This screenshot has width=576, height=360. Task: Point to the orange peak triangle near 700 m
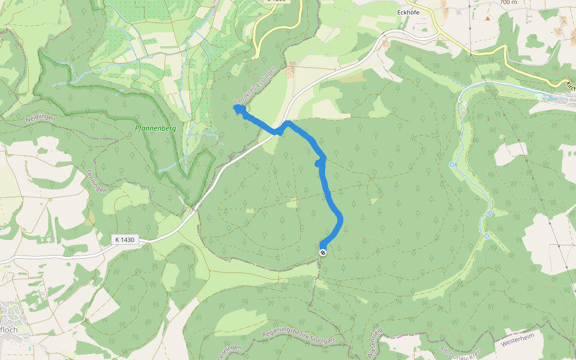[x=488, y=18]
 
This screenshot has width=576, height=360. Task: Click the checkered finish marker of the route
[x=323, y=253]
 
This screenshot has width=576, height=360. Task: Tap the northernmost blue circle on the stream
[x=452, y=164]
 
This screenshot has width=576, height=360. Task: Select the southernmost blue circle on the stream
[x=487, y=236]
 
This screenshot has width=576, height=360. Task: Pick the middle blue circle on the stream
[x=490, y=214]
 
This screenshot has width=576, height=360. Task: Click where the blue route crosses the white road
[x=282, y=128]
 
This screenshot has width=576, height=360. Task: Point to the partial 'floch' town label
[x=10, y=329]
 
